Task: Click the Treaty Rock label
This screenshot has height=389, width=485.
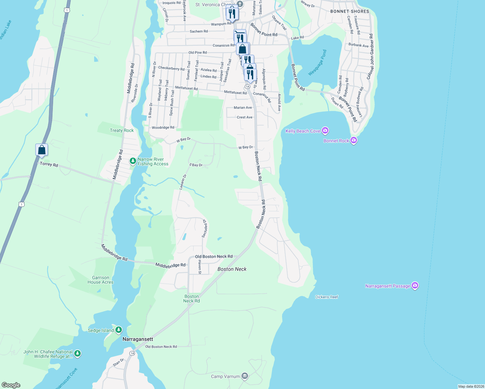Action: [x=122, y=130]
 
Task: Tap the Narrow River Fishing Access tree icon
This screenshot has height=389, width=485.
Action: [x=133, y=161]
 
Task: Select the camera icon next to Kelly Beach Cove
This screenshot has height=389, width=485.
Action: [x=325, y=131]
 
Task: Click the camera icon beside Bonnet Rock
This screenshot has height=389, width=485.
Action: [x=354, y=141]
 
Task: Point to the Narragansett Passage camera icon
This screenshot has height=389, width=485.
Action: [x=415, y=286]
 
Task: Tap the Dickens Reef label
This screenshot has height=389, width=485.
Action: [x=326, y=297]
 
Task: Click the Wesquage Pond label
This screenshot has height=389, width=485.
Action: [x=317, y=63]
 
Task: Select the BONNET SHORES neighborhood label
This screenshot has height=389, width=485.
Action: [x=349, y=11]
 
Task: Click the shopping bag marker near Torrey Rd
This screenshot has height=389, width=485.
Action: [x=42, y=150]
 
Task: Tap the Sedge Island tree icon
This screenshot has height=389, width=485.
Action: [x=119, y=330]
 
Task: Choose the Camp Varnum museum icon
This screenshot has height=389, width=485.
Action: [x=245, y=376]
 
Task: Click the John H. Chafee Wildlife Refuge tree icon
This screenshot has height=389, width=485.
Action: [x=77, y=354]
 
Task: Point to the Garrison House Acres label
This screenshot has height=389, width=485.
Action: [x=101, y=280]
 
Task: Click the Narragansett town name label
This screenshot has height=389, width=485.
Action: [x=138, y=339]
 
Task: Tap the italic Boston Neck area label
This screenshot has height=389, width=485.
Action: [x=232, y=269]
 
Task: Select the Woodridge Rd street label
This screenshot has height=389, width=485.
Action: [x=163, y=127]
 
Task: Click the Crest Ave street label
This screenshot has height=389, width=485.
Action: [x=244, y=117]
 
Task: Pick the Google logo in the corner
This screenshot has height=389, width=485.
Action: [x=11, y=385]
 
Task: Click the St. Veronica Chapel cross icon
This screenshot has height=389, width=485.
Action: [x=240, y=4]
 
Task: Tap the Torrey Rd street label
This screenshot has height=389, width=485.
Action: [x=49, y=164]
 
